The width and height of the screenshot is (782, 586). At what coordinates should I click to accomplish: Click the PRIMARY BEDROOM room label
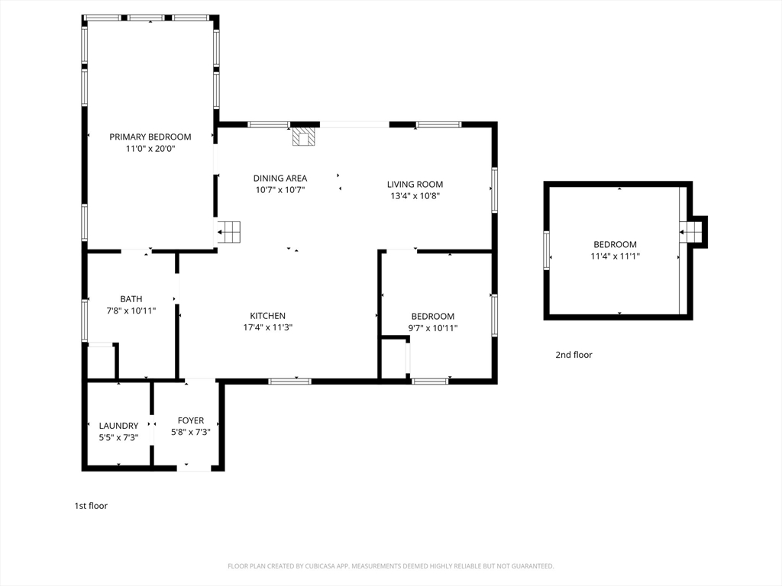pyautogui.click(x=150, y=137)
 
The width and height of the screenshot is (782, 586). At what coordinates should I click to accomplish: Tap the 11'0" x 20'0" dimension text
pyautogui.click(x=150, y=149)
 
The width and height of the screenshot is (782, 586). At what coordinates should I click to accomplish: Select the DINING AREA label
pyautogui.click(x=280, y=178)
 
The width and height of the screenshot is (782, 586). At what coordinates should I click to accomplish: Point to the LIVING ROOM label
pyautogui.click(x=415, y=184)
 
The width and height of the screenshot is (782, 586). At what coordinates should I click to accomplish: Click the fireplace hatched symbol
pyautogui.click(x=304, y=137)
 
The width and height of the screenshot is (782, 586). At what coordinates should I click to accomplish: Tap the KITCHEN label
pyautogui.click(x=268, y=315)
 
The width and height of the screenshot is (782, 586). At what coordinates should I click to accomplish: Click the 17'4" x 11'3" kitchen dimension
pyautogui.click(x=268, y=327)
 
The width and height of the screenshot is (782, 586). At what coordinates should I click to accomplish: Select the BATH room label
pyautogui.click(x=131, y=299)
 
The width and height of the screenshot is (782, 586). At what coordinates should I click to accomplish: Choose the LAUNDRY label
pyautogui.click(x=118, y=426)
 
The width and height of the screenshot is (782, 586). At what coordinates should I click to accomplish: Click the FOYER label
pyautogui.click(x=190, y=420)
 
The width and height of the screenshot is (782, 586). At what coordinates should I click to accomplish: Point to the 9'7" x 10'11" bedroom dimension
pyautogui.click(x=433, y=328)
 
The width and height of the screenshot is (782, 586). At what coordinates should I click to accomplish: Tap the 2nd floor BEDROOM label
pyautogui.click(x=615, y=244)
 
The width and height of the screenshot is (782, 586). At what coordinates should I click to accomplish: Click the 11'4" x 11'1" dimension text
pyautogui.click(x=615, y=256)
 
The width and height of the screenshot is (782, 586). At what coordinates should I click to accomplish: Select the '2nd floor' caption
pyautogui.click(x=574, y=355)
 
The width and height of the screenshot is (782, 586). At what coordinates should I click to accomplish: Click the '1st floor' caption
pyautogui.click(x=92, y=506)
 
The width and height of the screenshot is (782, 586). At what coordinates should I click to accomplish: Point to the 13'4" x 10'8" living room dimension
pyautogui.click(x=415, y=196)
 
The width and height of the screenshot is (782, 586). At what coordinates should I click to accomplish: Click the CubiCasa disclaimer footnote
pyautogui.click(x=390, y=566)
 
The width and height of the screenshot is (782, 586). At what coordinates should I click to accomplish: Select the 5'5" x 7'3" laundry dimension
pyautogui.click(x=118, y=437)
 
